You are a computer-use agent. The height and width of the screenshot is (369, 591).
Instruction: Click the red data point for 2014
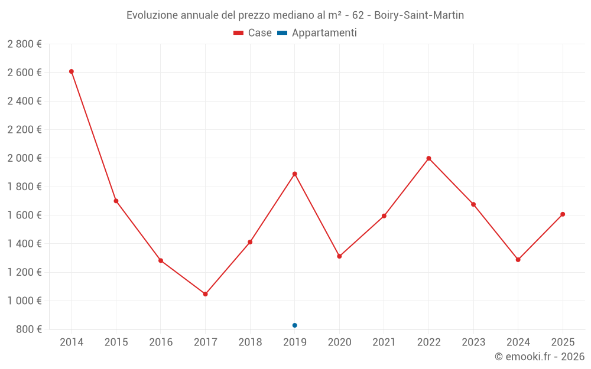point(72,71)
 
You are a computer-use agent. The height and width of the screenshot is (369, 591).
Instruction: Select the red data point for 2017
point(205,294)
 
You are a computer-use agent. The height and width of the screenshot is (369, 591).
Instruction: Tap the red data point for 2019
point(295,174)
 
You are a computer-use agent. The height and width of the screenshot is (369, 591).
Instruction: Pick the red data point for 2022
point(428,158)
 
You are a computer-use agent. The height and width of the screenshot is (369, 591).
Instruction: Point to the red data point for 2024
point(518,260)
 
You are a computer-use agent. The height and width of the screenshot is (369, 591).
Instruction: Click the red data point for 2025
point(563,214)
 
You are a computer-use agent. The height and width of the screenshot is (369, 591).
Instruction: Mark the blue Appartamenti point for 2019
point(295,325)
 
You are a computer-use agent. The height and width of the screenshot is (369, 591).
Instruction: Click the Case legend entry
point(252,33)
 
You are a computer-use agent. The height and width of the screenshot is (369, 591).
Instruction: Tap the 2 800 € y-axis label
point(24,44)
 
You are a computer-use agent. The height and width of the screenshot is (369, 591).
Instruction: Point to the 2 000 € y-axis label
point(24,158)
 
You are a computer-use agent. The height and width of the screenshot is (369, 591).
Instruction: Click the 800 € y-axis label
point(28,329)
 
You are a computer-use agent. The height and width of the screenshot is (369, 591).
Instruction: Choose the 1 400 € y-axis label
point(24,244)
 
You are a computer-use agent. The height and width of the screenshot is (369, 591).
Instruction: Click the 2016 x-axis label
point(161,342)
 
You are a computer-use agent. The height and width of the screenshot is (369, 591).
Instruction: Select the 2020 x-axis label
point(339,342)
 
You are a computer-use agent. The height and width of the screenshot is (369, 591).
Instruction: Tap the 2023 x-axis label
point(473,342)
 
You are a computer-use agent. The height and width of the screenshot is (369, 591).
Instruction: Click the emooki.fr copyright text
point(540,357)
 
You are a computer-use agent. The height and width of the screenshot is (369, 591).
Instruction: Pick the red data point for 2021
point(384,216)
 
